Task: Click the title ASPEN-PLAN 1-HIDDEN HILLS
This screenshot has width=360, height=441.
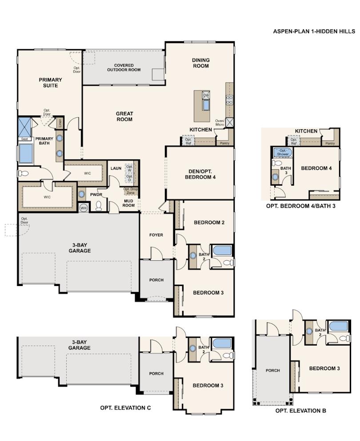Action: (x=314, y=32)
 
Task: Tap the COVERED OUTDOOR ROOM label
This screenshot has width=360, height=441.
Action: (x=124, y=68)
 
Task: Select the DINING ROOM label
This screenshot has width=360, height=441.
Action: (x=200, y=63)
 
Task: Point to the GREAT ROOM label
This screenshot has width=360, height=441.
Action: (x=124, y=116)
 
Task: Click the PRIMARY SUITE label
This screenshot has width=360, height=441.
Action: (x=50, y=83)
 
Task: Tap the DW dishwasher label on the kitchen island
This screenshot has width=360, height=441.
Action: (x=206, y=95)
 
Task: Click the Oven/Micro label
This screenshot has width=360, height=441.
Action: (x=220, y=123)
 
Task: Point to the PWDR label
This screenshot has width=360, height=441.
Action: (x=96, y=195)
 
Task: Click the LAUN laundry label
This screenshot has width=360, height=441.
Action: (x=116, y=168)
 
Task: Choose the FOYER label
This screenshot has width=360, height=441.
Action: (x=156, y=235)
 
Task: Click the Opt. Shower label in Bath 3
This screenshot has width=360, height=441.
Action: (x=283, y=152)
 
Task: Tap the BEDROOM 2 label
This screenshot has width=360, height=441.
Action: (x=208, y=222)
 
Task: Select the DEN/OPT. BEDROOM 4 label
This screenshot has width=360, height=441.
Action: (x=200, y=174)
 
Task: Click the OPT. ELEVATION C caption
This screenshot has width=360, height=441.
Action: (x=122, y=407)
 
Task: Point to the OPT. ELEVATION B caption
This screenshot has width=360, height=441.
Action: (x=300, y=411)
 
